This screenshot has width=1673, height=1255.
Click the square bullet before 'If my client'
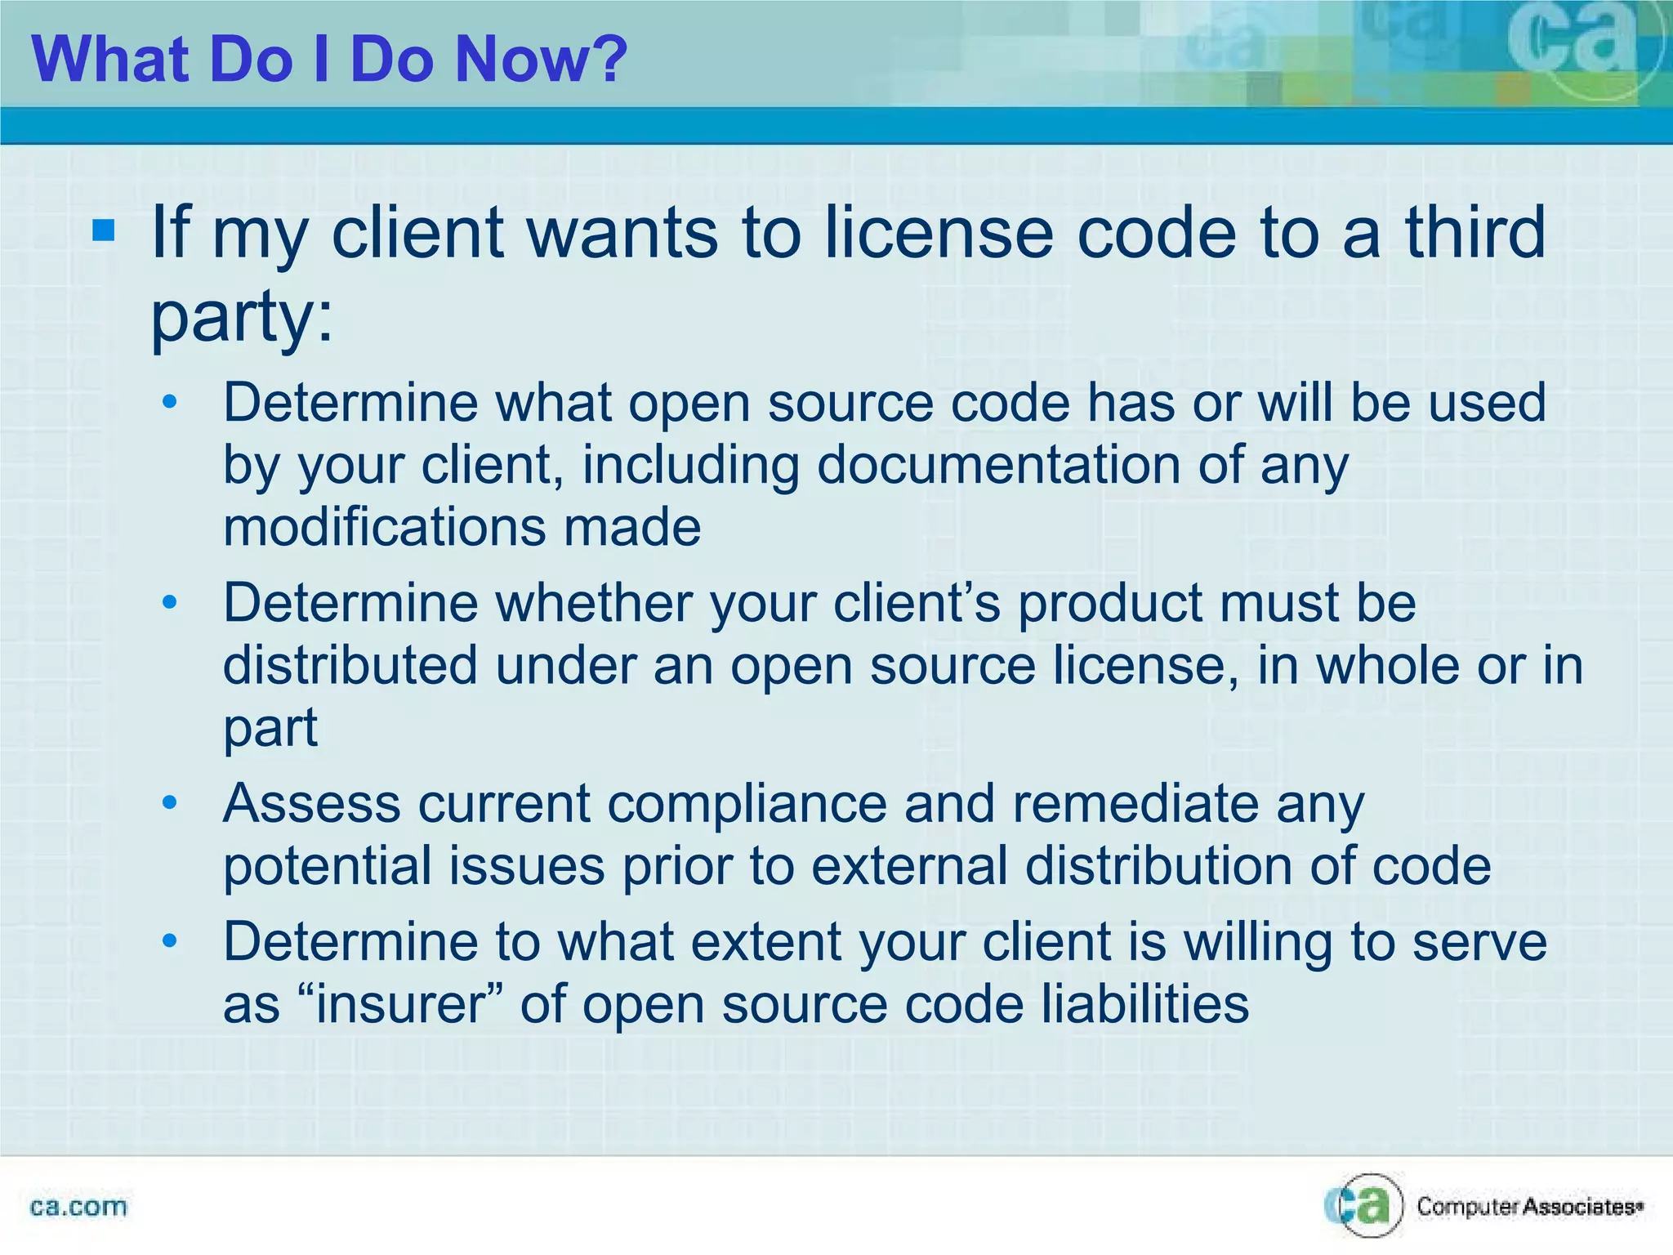(x=104, y=231)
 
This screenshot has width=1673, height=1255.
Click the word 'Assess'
(x=311, y=804)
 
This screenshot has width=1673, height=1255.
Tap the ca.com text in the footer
(x=78, y=1207)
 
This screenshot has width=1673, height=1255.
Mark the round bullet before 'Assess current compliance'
(x=169, y=804)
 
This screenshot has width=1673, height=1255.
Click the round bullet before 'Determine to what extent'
(x=169, y=942)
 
